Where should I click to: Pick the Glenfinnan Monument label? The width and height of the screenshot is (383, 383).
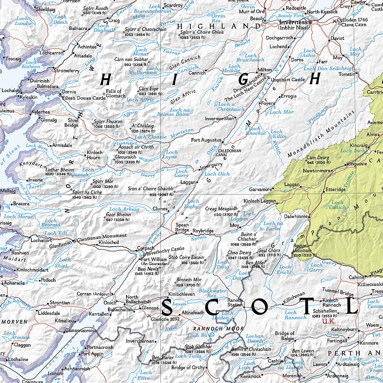tap(101, 236)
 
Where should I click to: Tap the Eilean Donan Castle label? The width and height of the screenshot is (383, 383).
tap(83, 98)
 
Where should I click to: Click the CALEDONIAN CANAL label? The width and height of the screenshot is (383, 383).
tap(229, 153)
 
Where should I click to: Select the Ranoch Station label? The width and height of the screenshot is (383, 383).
tap(235, 302)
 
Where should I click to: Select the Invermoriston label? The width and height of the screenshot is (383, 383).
tap(219, 119)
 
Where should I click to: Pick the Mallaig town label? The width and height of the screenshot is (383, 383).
tap(8, 190)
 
